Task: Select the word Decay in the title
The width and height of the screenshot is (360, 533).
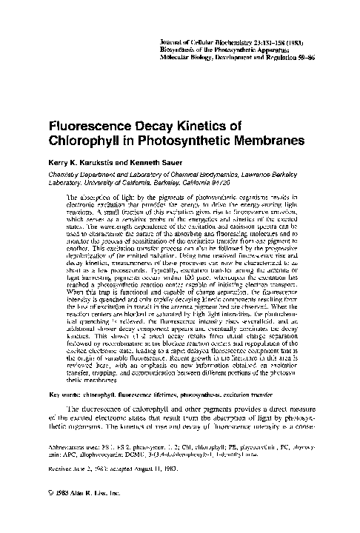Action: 160,127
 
